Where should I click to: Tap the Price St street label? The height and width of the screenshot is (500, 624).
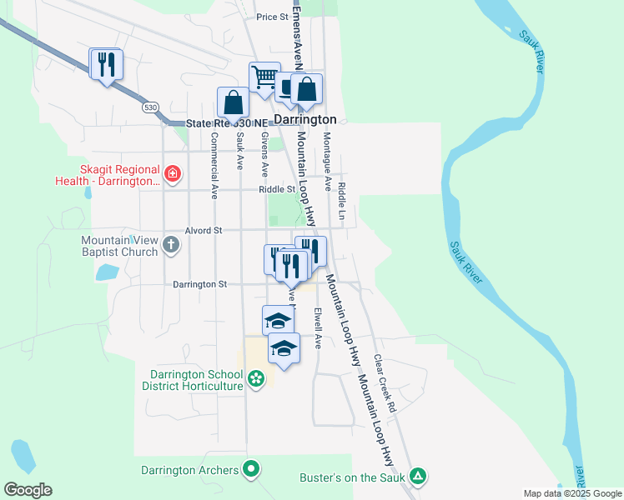click(x=272, y=17)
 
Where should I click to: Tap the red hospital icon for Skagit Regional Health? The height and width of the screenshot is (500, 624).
click(x=172, y=174)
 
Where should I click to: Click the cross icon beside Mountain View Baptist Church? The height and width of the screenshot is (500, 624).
click(x=171, y=245)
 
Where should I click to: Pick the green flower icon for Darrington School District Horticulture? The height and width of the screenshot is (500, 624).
click(x=256, y=379)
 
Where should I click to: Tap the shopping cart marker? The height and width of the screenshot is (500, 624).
click(x=264, y=77)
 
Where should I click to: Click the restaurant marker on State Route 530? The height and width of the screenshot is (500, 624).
click(x=106, y=64)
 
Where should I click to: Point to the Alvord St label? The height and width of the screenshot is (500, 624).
click(x=204, y=230)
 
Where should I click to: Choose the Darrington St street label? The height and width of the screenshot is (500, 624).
click(x=199, y=284)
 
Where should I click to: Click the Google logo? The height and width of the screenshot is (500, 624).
click(x=28, y=490)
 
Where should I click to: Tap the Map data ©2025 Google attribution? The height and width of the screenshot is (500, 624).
click(x=571, y=493)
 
